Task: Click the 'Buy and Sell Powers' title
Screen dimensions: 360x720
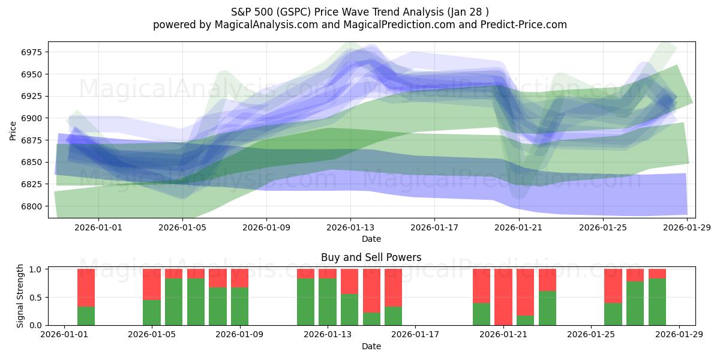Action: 371,257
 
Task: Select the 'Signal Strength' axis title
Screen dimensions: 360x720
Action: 20,296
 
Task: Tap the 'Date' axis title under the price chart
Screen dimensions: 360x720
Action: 371,239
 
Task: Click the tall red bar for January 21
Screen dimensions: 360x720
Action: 503,296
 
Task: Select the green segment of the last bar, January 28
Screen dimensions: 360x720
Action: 657,302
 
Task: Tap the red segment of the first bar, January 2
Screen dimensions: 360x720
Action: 86,287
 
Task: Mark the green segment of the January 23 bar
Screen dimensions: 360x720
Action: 547,308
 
